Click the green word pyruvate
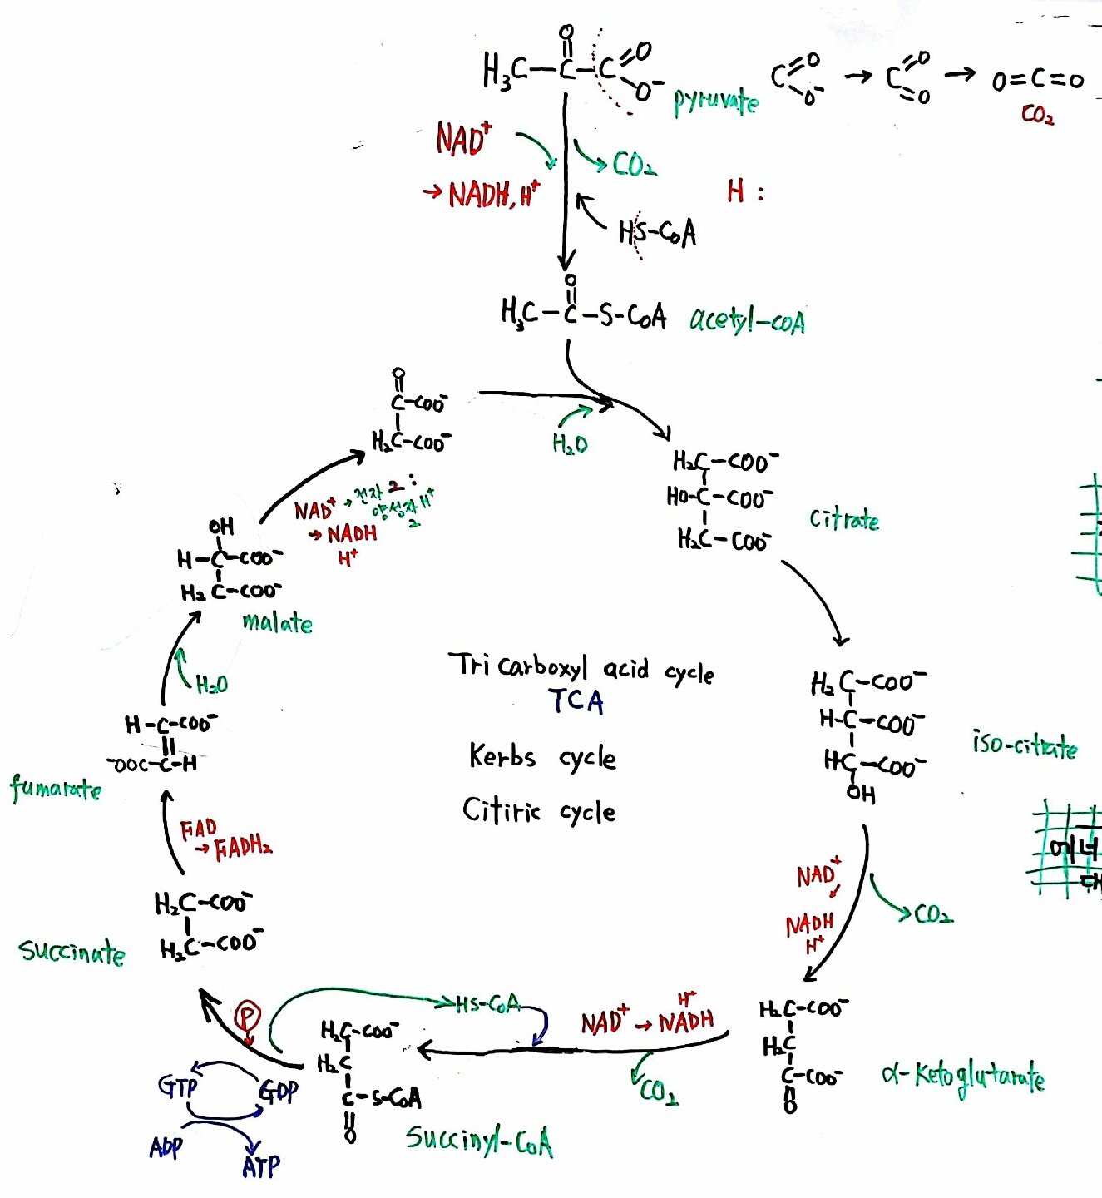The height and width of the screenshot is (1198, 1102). (x=715, y=101)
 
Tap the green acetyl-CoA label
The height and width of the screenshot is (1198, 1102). (x=747, y=321)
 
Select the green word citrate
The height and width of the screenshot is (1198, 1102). (x=843, y=520)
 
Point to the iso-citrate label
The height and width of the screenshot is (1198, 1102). (x=1025, y=744)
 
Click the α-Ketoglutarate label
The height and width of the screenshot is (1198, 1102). (x=963, y=1077)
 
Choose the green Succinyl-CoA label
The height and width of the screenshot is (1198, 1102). (x=479, y=1140)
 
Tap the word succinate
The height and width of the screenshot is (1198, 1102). (x=72, y=951)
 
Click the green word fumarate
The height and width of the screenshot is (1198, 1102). (x=56, y=787)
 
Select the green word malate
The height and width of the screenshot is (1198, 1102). (x=277, y=623)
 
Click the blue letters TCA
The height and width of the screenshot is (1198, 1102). (x=576, y=701)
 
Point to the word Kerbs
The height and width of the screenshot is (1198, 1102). (x=502, y=756)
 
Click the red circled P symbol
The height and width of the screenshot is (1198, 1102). (x=247, y=1017)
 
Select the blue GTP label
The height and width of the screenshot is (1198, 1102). (x=178, y=1086)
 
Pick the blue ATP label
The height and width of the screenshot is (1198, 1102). (x=261, y=1166)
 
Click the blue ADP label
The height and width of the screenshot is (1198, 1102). (x=166, y=1148)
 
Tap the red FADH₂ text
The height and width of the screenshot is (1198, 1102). (x=243, y=849)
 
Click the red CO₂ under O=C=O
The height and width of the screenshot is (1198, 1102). (x=1037, y=114)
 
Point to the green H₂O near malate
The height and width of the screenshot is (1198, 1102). (x=211, y=685)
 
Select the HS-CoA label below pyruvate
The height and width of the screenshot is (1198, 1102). (x=657, y=233)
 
